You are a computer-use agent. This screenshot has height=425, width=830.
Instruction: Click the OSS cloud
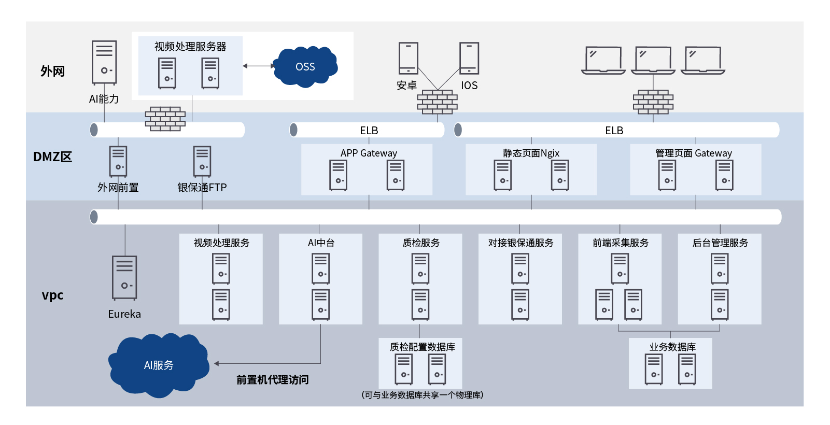(x=305, y=66)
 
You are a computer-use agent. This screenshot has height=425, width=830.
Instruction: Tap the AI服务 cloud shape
(x=159, y=365)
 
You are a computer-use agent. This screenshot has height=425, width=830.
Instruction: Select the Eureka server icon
(x=124, y=277)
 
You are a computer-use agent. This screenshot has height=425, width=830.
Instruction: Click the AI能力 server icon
(x=104, y=62)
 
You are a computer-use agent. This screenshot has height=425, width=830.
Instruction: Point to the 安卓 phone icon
(x=408, y=58)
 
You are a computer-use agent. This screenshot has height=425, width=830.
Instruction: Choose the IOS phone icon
(x=469, y=58)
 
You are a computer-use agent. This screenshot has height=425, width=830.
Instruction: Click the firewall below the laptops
(x=653, y=102)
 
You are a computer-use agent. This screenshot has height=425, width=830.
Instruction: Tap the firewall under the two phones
(x=438, y=102)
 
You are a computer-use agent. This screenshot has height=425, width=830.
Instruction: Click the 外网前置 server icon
(x=118, y=161)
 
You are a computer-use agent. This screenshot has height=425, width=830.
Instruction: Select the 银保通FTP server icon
(x=202, y=161)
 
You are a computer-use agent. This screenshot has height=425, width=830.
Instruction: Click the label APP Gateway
(x=369, y=153)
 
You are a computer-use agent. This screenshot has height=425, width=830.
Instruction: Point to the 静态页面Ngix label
(x=531, y=153)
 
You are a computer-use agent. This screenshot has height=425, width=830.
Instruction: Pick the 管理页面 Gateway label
(x=694, y=153)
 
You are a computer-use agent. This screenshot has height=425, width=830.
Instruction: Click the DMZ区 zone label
(x=52, y=157)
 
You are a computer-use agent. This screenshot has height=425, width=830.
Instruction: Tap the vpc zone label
(x=52, y=295)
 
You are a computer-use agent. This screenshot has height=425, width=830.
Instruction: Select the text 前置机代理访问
(x=273, y=380)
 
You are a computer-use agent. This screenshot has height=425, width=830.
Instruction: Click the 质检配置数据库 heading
(x=423, y=347)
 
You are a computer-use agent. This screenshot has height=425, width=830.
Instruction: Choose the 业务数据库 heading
(x=672, y=347)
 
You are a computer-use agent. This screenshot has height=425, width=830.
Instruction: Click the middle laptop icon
(x=653, y=60)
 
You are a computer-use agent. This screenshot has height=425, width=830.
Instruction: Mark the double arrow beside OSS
(x=259, y=66)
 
